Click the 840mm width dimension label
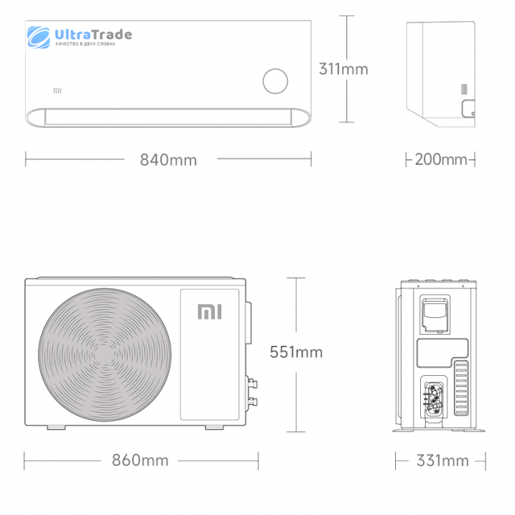(168, 160)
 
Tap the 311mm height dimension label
(344, 69)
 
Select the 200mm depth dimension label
(441, 160)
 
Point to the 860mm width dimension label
(140, 460)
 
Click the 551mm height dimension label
(296, 352)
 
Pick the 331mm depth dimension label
(442, 461)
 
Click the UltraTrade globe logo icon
(38, 37)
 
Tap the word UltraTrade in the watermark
(93, 34)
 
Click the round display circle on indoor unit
(275, 81)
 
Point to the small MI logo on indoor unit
(57, 90)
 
